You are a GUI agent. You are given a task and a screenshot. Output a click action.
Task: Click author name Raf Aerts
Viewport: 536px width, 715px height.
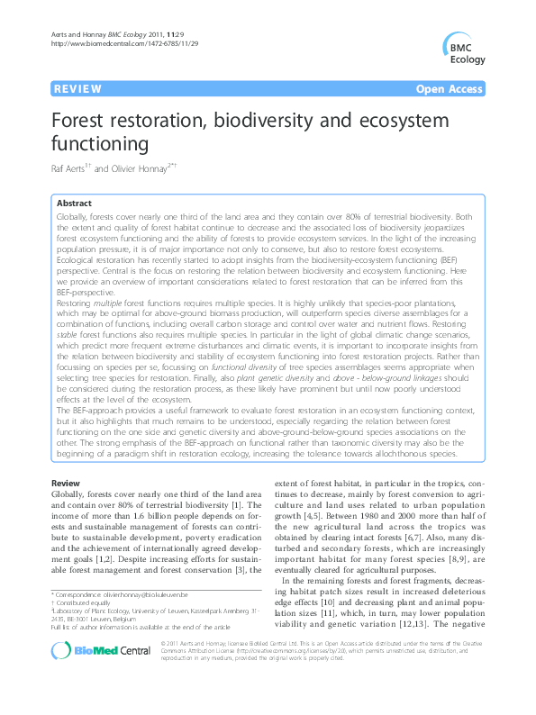(70, 168)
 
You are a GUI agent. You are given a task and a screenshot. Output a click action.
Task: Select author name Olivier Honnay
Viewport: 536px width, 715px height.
(149, 168)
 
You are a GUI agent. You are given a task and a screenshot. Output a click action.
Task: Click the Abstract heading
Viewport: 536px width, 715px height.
(74, 204)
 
